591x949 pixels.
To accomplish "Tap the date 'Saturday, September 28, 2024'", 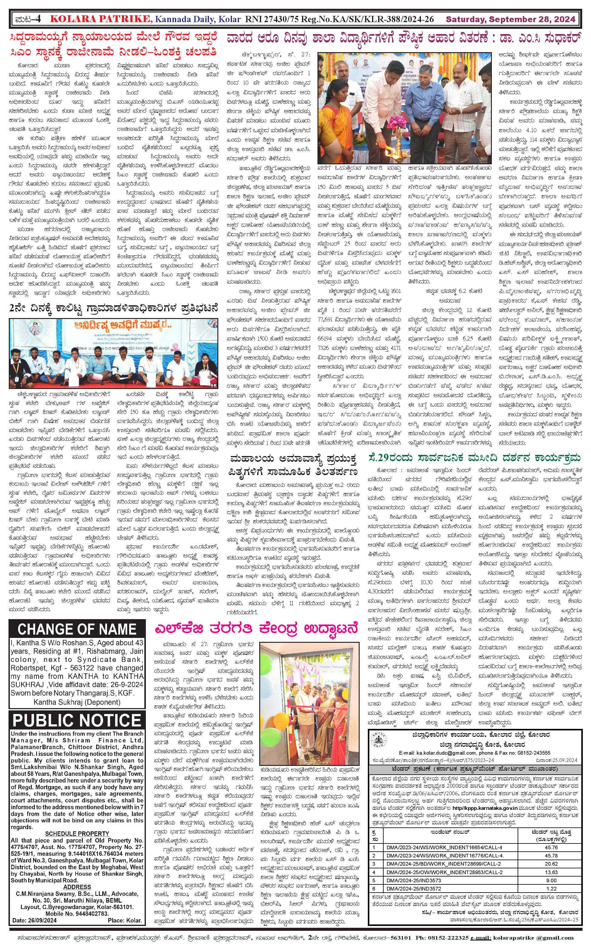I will coord(510,19).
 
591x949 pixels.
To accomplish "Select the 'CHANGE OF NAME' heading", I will coord(77,629).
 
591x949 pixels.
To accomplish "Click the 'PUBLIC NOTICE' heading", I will coord(77,720).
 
